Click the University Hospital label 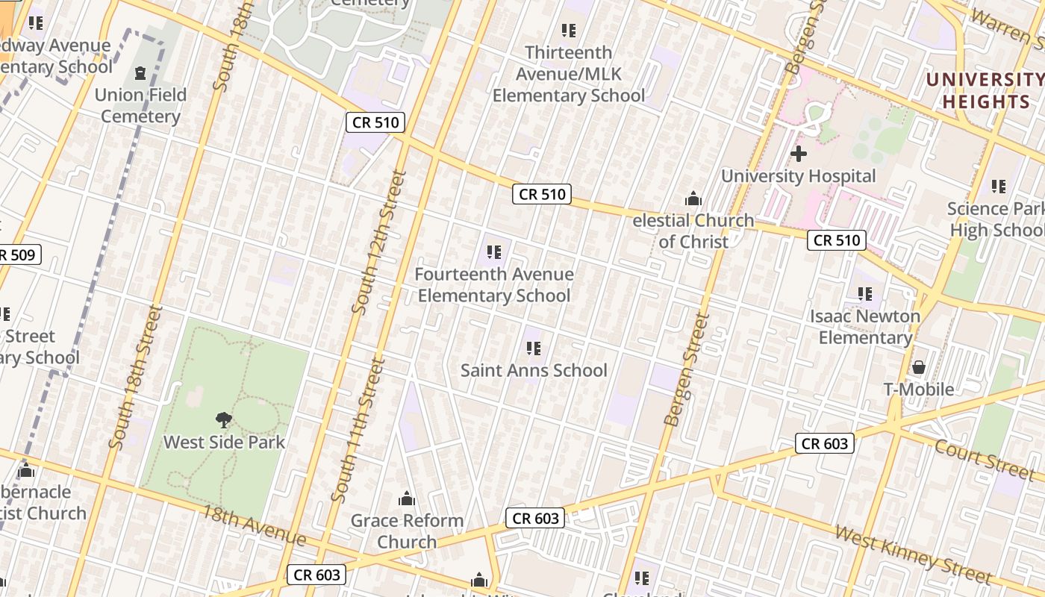[798, 176]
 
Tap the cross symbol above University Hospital [799, 154]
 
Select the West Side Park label [224, 442]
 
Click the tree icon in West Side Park [223, 420]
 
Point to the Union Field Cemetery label [140, 105]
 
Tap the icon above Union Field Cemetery [140, 73]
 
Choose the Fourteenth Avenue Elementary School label [494, 285]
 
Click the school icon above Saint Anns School [533, 348]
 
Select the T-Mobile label [918, 389]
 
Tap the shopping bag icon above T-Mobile [919, 367]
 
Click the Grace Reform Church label [407, 531]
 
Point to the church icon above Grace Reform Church [407, 498]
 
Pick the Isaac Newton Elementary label [865, 327]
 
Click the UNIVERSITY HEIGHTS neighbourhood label [985, 90]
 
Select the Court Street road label [985, 459]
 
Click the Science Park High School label [996, 219]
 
